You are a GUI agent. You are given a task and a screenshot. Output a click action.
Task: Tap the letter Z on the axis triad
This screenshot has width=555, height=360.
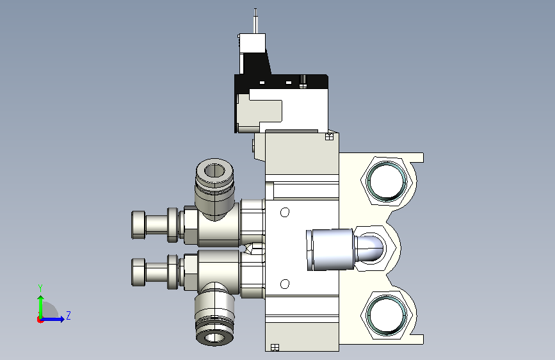68,315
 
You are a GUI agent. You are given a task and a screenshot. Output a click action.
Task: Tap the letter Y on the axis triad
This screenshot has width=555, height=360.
40,288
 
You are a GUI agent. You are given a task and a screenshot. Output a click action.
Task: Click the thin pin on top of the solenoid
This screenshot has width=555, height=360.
255,21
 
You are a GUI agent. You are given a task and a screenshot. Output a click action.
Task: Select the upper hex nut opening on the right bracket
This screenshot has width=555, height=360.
387,181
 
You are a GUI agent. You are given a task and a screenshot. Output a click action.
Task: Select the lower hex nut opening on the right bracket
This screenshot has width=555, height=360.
387,315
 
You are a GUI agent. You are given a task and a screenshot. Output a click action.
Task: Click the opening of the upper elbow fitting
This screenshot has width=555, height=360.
215,171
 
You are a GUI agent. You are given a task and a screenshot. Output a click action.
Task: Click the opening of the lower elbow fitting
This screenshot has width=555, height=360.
214,338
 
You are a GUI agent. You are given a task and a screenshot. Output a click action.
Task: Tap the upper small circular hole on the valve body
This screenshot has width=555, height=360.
285,212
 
